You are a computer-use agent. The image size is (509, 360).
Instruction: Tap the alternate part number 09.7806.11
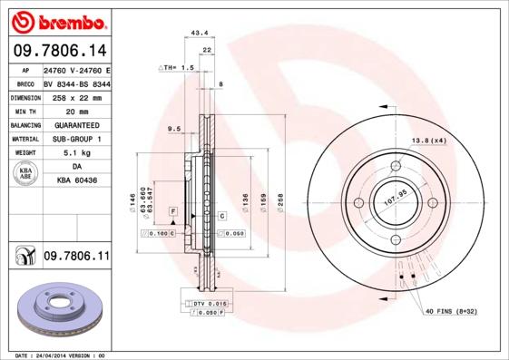pos(76,258)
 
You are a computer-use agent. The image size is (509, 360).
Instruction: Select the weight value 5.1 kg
pos(76,153)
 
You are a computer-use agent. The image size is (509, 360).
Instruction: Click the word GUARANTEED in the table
pos(76,124)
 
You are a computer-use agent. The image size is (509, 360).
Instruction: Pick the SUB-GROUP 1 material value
pos(76,139)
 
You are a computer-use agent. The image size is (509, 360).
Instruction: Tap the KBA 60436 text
pos(76,181)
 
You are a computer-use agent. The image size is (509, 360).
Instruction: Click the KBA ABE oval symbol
pos(25,175)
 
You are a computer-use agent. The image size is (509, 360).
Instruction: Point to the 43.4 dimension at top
pos(196,34)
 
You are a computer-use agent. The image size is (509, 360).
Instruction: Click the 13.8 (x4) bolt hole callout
pos(429,141)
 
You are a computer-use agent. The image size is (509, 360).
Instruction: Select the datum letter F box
pos(171,211)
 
